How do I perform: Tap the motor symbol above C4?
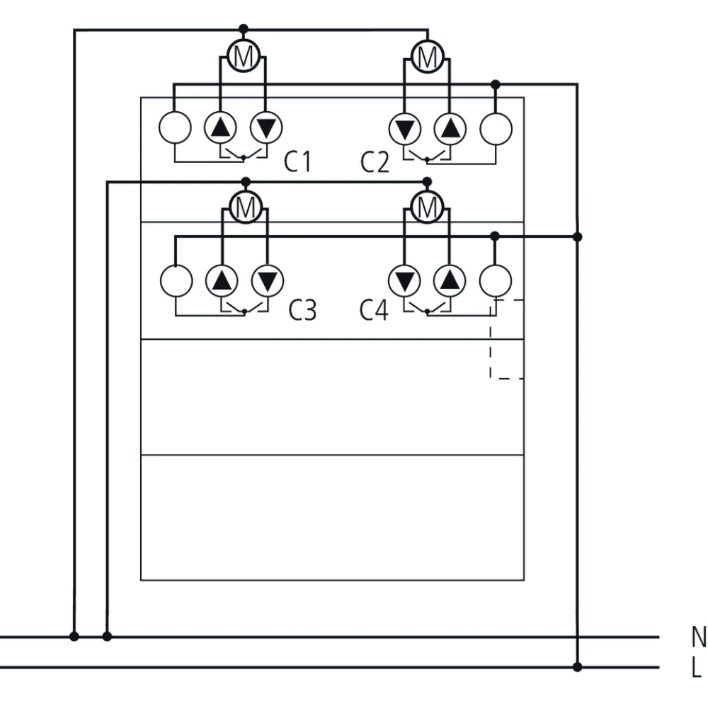426,207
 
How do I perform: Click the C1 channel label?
297,162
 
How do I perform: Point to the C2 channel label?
375,162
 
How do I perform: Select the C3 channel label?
302,310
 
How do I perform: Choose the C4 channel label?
375,310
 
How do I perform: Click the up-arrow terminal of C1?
221,128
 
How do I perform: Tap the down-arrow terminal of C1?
266,128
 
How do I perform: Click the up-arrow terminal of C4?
449,281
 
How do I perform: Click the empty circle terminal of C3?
176,281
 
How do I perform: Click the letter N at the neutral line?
698,636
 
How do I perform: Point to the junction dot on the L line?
577,666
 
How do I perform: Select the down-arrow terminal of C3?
267,281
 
